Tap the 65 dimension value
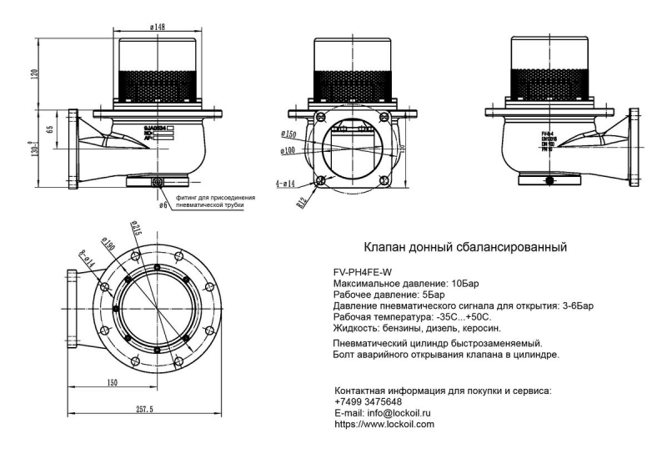(50, 130)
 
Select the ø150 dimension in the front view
(288, 134)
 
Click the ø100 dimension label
(288, 150)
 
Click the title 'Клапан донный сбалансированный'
(466, 247)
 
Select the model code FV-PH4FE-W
(363, 272)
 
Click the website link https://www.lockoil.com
(384, 424)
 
